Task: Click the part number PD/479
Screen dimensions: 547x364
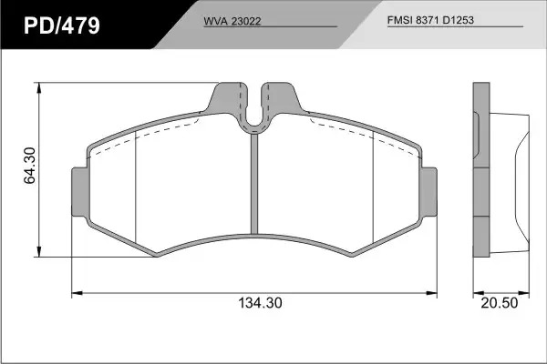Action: (62, 25)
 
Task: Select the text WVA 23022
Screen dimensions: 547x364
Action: (232, 21)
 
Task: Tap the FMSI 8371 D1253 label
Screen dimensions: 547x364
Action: (430, 20)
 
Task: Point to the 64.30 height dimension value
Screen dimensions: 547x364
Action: (30, 166)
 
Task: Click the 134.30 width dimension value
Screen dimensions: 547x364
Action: (260, 303)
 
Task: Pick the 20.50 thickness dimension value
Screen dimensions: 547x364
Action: (500, 303)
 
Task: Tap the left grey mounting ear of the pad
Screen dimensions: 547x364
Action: (80, 192)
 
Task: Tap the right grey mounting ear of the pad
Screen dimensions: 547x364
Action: (428, 192)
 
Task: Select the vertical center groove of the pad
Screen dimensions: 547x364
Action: (254, 184)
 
